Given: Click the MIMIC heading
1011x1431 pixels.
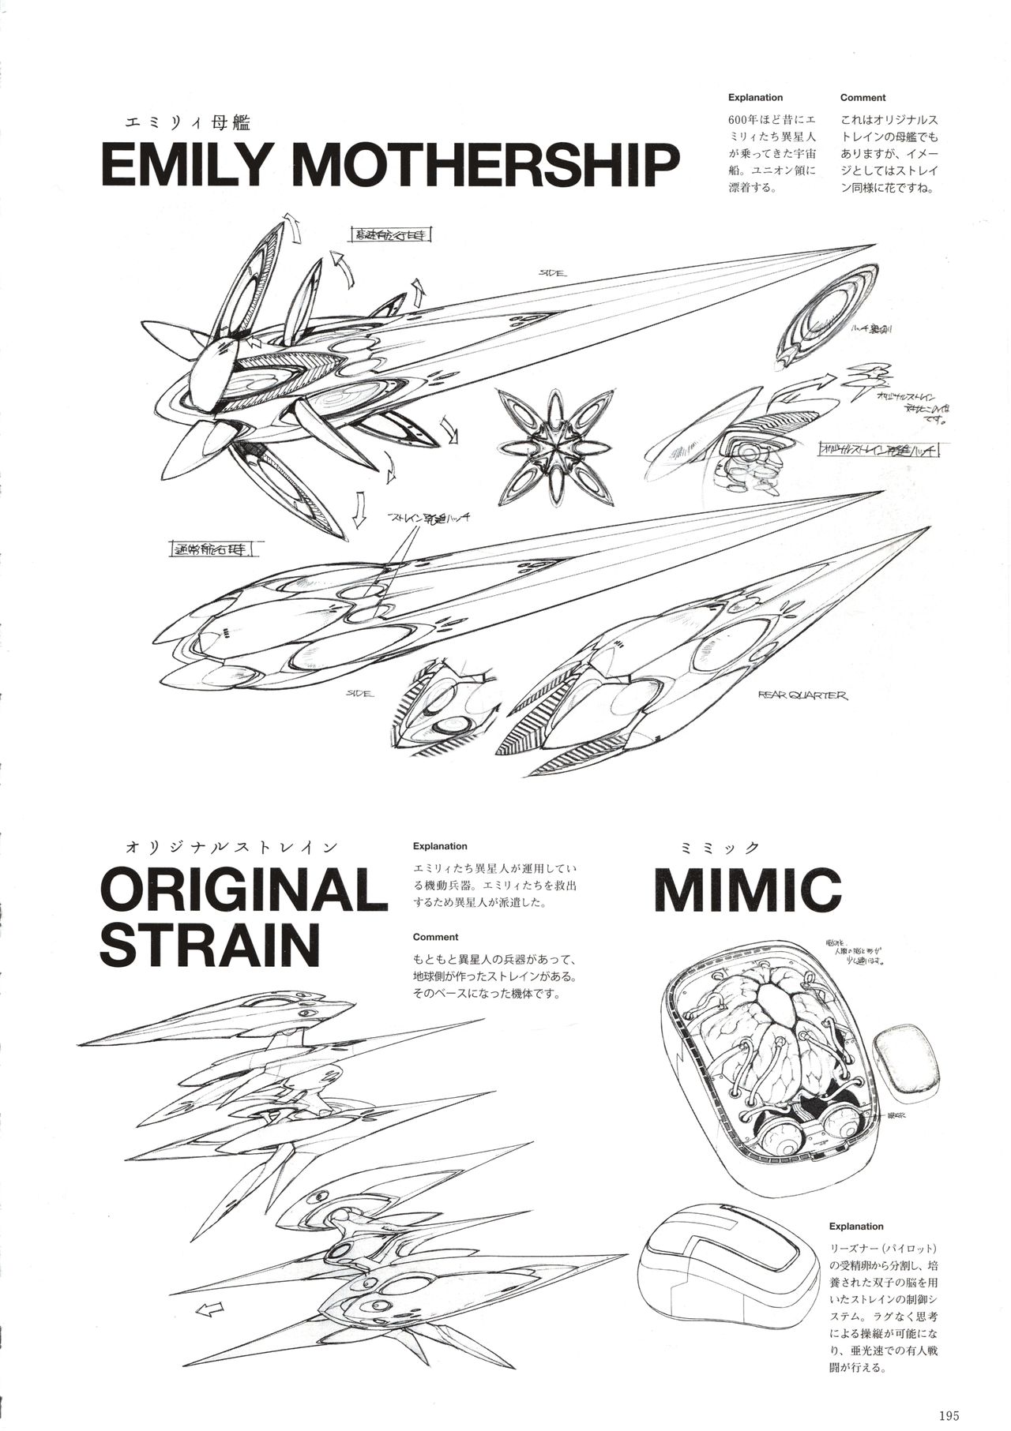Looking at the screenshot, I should coord(747,890).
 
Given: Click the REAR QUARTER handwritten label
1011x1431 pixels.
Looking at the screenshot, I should coord(802,695).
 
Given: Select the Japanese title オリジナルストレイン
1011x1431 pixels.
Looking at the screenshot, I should coord(230,847).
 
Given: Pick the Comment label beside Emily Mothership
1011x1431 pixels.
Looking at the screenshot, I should coord(863,98).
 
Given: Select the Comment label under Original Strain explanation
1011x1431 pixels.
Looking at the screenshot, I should coord(435,937).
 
